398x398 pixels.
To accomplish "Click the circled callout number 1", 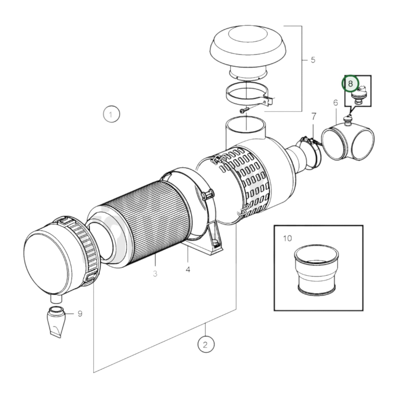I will (111, 114).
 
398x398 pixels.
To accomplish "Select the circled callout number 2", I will (206, 344).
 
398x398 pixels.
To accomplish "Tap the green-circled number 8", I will (350, 83).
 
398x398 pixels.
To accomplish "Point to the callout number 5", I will (313, 60).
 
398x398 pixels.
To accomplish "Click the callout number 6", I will (335, 103).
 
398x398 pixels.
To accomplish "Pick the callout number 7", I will (314, 117).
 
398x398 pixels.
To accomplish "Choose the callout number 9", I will (80, 314).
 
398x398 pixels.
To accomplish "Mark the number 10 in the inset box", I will (287, 238).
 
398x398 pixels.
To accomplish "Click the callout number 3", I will (155, 274).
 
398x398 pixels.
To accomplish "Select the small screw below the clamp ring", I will (244, 110).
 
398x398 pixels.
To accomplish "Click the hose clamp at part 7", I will (308, 153).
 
